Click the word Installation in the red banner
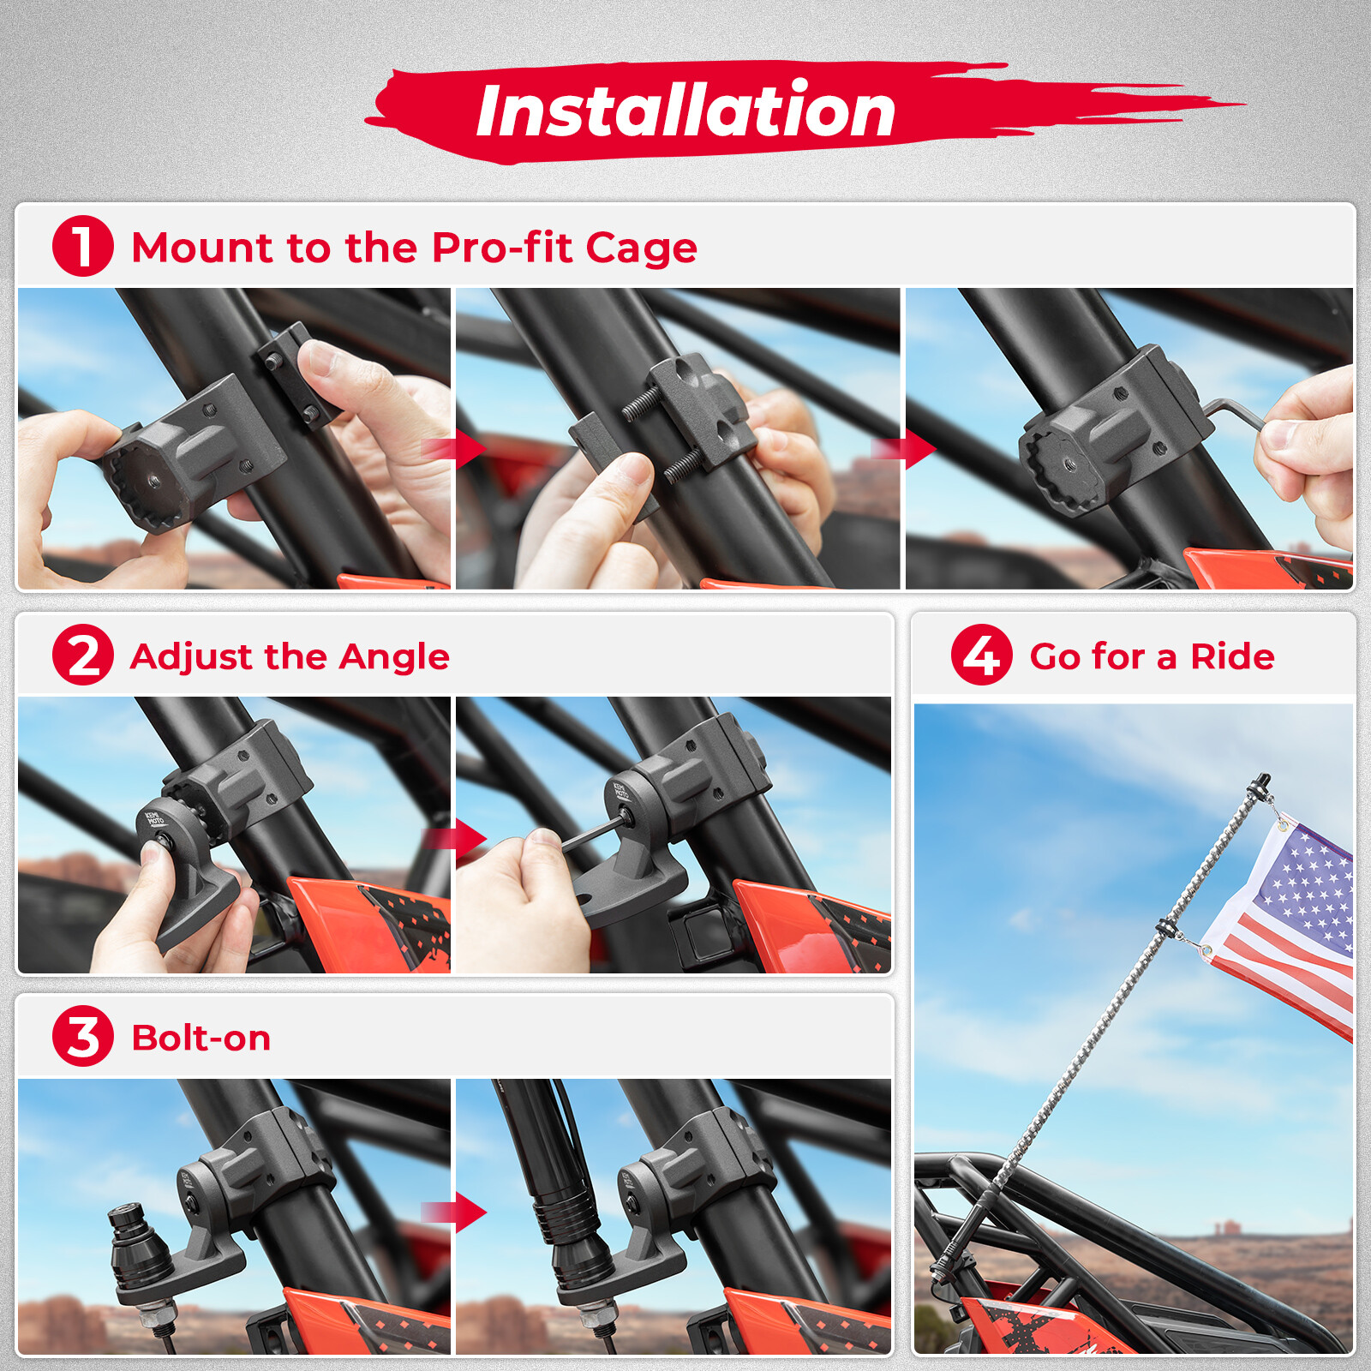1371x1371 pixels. [685, 111]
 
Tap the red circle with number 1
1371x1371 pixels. [82, 246]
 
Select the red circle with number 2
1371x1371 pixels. [82, 655]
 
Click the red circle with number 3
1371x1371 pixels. [82, 1036]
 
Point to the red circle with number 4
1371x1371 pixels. [981, 655]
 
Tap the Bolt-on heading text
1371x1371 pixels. [201, 1038]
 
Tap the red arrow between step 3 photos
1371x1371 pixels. [463, 1212]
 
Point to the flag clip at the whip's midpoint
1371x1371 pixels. [1165, 927]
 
